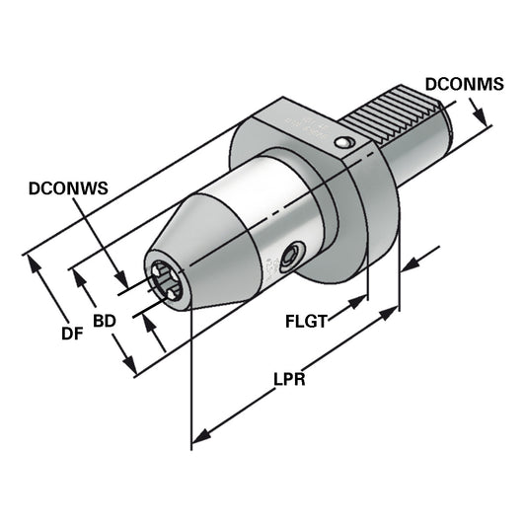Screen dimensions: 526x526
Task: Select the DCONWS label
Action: point(66,186)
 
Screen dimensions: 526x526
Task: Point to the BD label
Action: point(105,322)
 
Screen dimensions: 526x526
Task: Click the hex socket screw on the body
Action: point(290,257)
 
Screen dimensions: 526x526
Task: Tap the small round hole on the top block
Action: point(340,145)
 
